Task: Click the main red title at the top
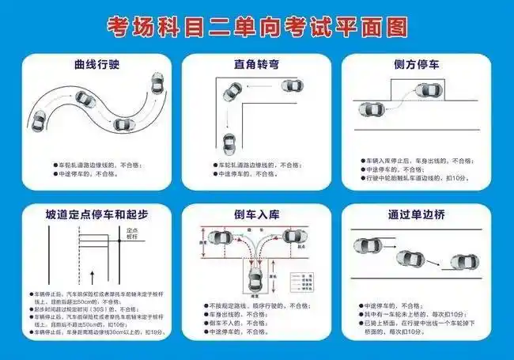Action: tap(257, 27)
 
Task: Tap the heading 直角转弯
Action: tap(255, 63)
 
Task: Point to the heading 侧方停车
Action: tap(416, 63)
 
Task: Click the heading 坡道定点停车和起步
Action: tap(96, 214)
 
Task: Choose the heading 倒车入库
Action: tap(255, 214)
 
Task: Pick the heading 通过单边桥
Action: tap(416, 214)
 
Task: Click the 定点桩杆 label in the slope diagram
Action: tap(134, 233)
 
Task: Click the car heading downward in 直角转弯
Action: tap(229, 143)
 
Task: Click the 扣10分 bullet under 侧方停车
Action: tap(417, 179)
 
